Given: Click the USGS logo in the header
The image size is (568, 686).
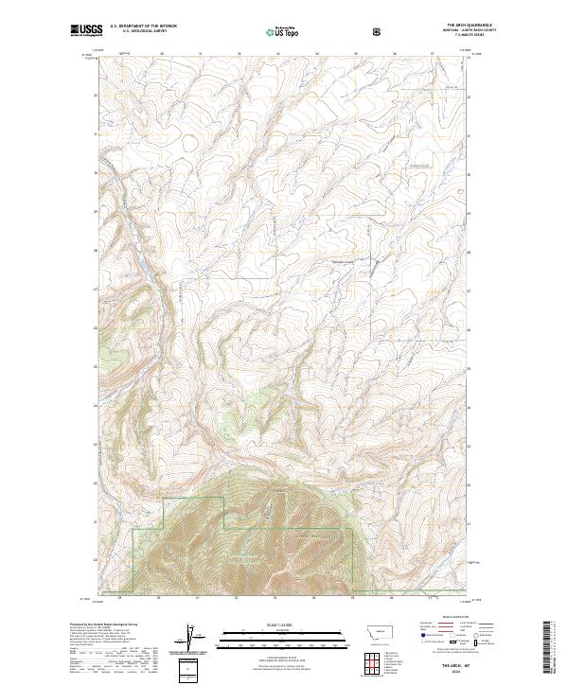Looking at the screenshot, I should click(x=82, y=30).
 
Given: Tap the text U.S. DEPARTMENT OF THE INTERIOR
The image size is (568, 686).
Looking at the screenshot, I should click(x=140, y=27).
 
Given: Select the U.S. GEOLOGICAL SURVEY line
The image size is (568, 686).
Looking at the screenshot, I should click(x=140, y=32).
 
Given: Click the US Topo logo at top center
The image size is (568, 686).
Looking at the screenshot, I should click(x=284, y=30).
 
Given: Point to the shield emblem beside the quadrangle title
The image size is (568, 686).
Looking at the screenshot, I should click(x=378, y=30).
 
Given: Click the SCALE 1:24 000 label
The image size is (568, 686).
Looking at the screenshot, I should click(x=284, y=625).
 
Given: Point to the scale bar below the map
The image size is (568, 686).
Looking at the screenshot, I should click(x=284, y=636).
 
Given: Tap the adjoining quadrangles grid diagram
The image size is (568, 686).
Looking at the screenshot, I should click(x=370, y=663).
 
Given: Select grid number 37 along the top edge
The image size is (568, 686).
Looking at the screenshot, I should click(x=433, y=54).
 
